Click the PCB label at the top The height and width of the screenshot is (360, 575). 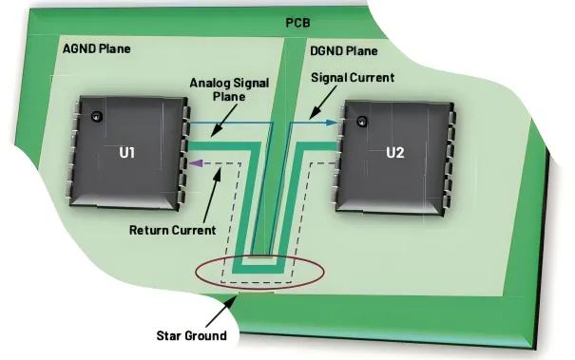[x=297, y=22]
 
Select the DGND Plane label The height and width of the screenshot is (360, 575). [x=344, y=49]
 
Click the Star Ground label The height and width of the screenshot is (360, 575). [x=191, y=335]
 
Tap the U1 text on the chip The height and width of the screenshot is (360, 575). [x=132, y=154]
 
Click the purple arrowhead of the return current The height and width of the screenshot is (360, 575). [x=195, y=162]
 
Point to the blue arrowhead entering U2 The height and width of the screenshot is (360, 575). [x=333, y=123]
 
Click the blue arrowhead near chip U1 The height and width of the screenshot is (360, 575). [x=186, y=122]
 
